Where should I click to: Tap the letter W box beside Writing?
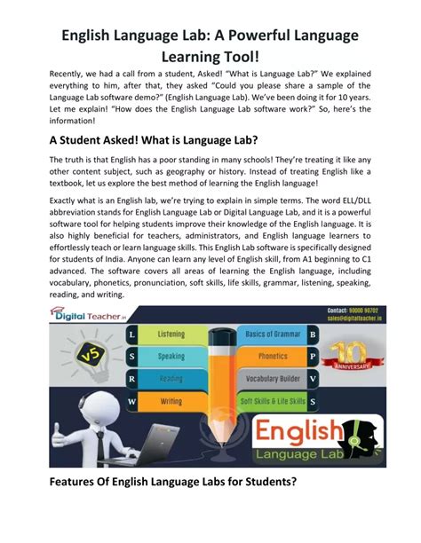coord(131,401)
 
